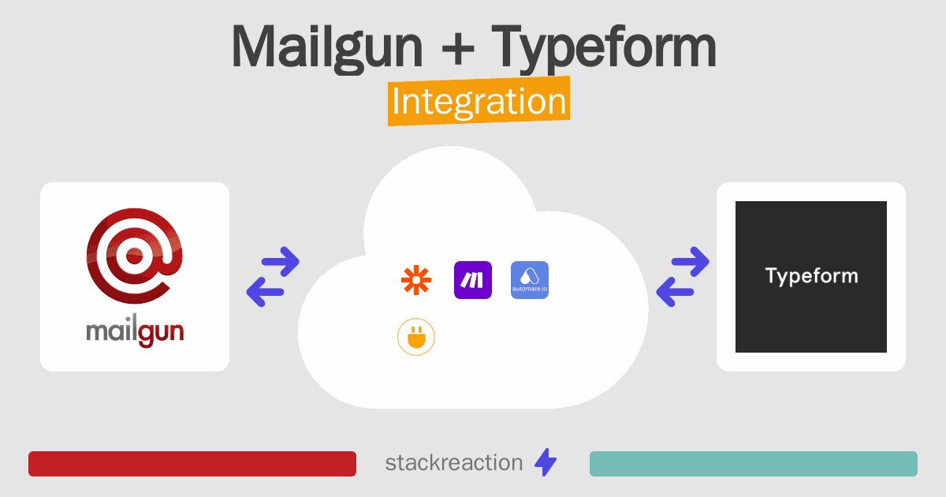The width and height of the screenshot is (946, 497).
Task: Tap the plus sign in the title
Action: (x=458, y=48)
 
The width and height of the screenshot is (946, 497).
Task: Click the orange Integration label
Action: (x=479, y=101)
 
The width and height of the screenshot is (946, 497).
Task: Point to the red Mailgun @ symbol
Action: (x=134, y=256)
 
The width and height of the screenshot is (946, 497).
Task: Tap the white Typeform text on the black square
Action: (x=811, y=277)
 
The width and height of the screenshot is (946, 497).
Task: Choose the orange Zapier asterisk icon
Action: (x=416, y=280)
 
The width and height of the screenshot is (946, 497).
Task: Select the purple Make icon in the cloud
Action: (x=472, y=280)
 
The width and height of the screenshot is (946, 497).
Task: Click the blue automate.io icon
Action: (x=530, y=280)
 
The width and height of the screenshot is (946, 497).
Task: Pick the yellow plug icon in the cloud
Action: (x=416, y=337)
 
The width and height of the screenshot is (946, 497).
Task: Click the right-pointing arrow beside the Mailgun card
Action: (x=281, y=262)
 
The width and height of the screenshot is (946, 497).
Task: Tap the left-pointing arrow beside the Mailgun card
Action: (x=265, y=292)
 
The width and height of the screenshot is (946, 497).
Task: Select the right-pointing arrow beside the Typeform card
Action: (x=690, y=262)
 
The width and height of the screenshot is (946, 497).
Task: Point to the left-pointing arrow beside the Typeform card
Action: (x=675, y=292)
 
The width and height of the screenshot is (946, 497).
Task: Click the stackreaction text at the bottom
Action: (x=454, y=463)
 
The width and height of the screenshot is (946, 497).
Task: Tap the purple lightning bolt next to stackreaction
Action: (x=546, y=462)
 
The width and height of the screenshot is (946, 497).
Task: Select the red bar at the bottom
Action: (x=192, y=464)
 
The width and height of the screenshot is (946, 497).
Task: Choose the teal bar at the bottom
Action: (x=754, y=464)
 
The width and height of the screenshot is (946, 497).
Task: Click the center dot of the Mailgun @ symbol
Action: (x=134, y=256)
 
